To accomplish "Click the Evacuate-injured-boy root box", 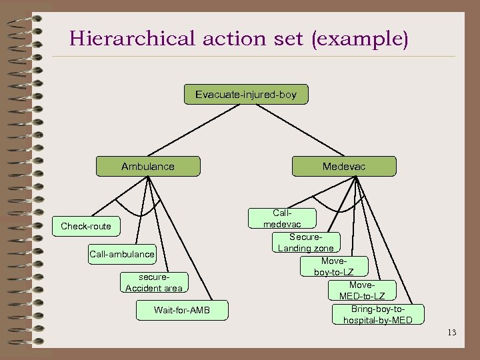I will tap(245, 95).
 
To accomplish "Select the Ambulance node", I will tap(147, 166).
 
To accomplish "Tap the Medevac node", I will tap(343, 166).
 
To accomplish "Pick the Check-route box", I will tap(86, 226).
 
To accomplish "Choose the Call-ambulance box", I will tap(122, 253).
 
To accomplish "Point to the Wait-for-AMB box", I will tap(181, 310).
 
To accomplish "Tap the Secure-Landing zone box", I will tap(306, 243).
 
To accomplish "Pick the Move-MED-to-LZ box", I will tap(362, 290).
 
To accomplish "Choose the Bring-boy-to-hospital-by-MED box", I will tap(377, 315).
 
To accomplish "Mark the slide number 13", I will tap(452, 332).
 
